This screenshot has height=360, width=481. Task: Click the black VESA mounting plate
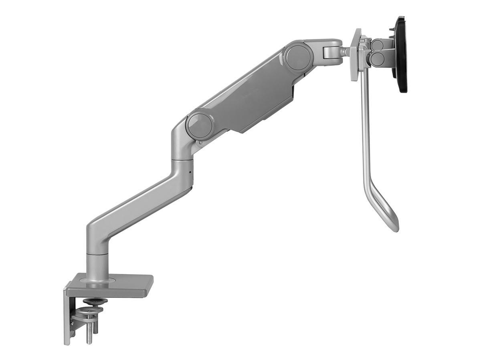click(401, 54)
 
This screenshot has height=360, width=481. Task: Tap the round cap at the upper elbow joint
click(299, 56)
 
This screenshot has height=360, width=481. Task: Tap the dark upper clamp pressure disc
click(95, 301)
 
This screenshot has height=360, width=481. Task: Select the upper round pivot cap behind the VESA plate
click(377, 45)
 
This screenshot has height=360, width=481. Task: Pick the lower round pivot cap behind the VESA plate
click(377, 59)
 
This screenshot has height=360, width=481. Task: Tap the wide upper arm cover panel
click(257, 96)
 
